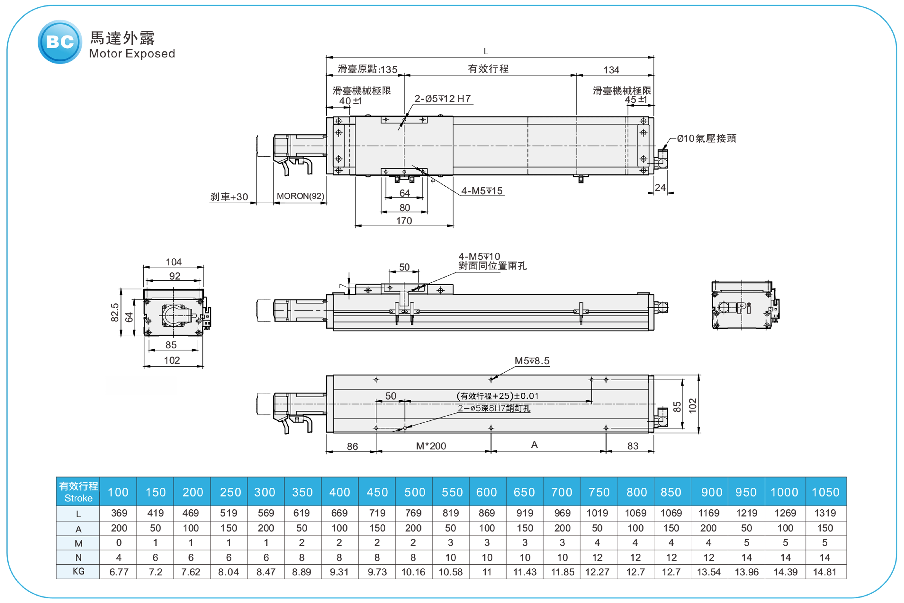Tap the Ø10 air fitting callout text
[x=706, y=138]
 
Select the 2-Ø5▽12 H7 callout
[x=442, y=99]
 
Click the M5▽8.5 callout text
[x=532, y=361]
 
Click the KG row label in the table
[x=78, y=571]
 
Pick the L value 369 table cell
[x=119, y=513]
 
